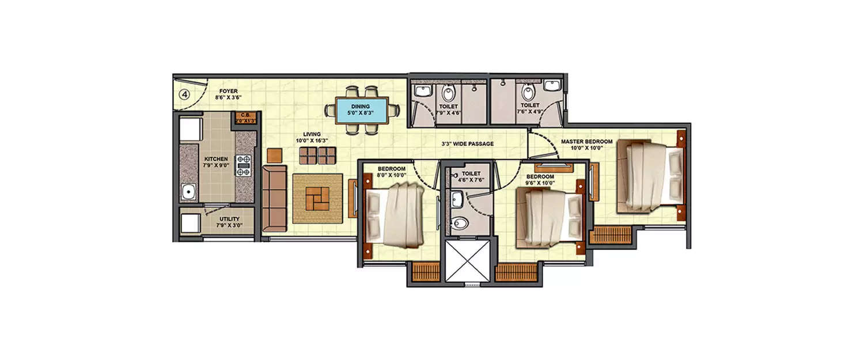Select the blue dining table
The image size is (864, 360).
(361, 109)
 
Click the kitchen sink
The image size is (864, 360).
(187, 192)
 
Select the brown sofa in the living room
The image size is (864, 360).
(274, 199)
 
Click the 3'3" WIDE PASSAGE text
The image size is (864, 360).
(467, 143)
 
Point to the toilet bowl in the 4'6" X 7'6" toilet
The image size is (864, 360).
(459, 224)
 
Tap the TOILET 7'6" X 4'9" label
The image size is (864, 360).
(529, 109)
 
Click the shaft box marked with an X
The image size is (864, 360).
(467, 260)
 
